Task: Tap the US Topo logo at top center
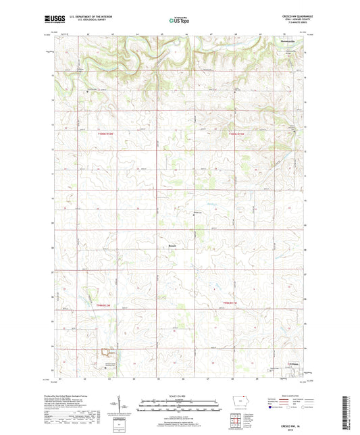178,21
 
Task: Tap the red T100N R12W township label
105,135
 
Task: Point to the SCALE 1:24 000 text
179,395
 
